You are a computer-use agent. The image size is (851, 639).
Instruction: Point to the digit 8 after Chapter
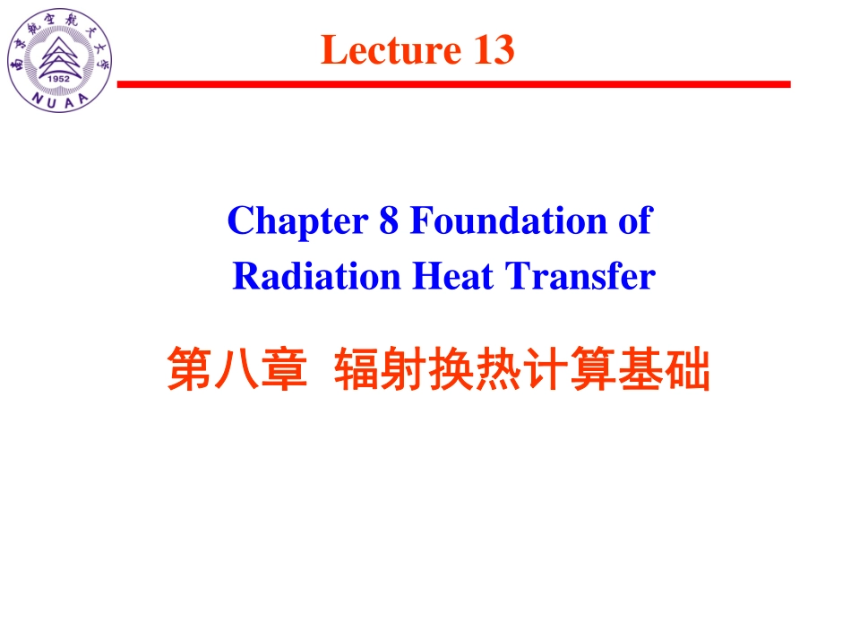389,221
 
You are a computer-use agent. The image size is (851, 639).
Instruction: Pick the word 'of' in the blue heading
635,221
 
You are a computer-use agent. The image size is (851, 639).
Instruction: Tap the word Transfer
582,277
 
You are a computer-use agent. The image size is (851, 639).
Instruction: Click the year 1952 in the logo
60,78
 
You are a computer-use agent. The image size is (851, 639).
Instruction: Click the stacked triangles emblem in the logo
60,56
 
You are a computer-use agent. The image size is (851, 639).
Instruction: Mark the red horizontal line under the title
453,84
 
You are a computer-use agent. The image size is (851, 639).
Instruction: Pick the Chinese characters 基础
663,371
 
